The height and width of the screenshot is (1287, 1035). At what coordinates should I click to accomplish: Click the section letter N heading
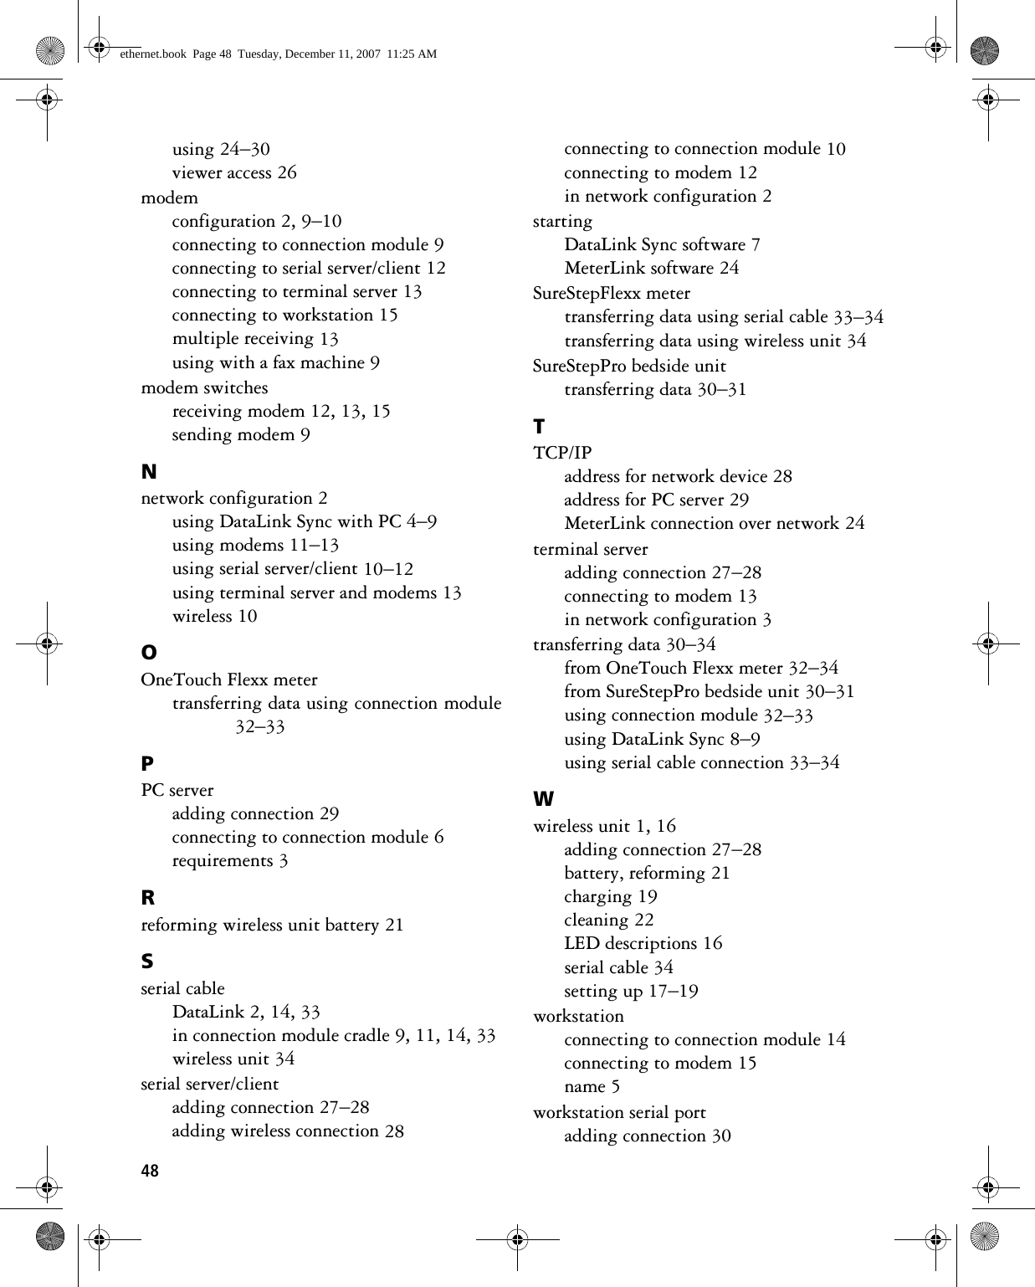click(149, 472)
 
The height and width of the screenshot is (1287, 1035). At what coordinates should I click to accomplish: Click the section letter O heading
click(149, 652)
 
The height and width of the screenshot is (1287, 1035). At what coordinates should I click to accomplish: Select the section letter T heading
click(539, 427)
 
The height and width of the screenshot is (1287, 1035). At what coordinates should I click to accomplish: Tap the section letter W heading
click(544, 799)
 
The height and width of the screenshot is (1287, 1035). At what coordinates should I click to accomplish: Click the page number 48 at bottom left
click(150, 1171)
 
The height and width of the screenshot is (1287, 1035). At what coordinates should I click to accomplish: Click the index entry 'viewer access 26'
click(234, 172)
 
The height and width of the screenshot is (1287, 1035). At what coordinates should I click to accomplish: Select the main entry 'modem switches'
click(204, 387)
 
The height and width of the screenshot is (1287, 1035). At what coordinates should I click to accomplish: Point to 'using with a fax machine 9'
click(275, 362)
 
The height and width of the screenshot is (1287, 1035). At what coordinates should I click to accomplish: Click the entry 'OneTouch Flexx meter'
click(229, 679)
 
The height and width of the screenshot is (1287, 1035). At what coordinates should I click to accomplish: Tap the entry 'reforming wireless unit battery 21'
click(272, 925)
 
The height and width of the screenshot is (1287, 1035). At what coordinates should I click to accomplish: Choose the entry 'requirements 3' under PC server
click(230, 860)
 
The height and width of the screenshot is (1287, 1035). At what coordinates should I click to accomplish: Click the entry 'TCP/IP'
click(562, 453)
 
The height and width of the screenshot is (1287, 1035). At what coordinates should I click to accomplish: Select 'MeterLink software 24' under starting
click(651, 268)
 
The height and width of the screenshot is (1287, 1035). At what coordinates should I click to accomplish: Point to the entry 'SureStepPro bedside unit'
click(629, 366)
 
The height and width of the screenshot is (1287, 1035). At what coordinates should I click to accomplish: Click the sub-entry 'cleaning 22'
click(608, 920)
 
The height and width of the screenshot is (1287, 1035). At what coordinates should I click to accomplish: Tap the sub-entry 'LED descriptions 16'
click(643, 943)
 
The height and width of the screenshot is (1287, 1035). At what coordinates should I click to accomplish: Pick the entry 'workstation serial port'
click(619, 1112)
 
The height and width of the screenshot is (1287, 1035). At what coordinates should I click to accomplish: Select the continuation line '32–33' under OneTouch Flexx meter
click(259, 726)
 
